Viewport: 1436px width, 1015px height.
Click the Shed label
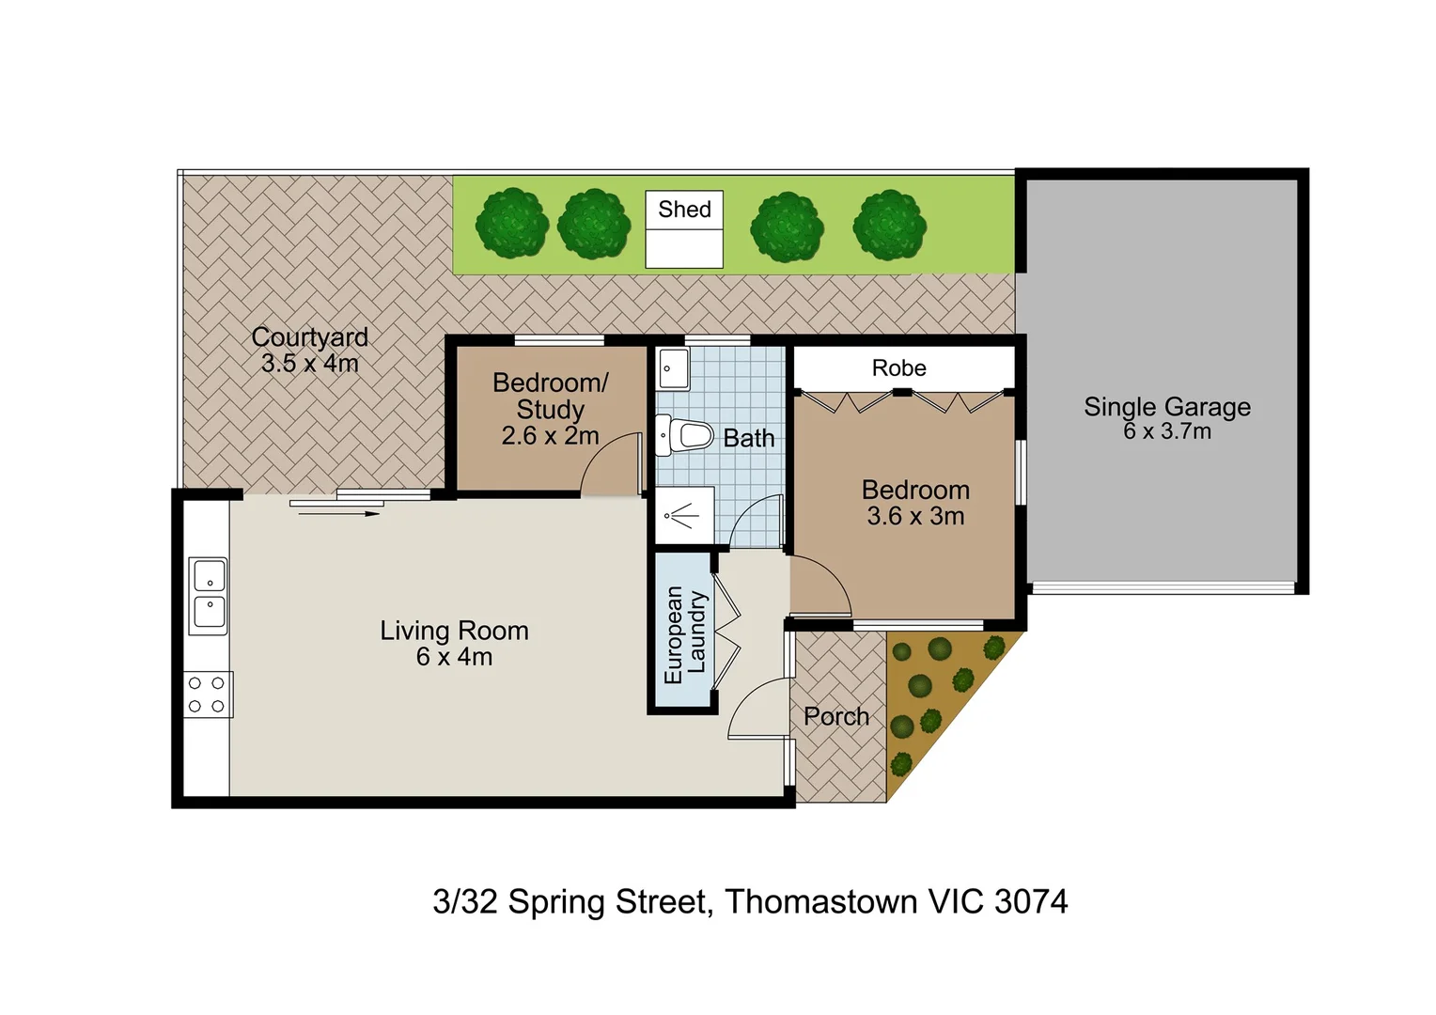(684, 209)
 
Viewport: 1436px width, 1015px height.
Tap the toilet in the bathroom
(684, 436)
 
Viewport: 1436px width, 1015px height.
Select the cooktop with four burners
(208, 695)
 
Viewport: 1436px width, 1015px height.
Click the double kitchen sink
(208, 596)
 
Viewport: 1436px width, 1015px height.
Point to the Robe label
(898, 368)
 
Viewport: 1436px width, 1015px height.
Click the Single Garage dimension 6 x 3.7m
(1167, 430)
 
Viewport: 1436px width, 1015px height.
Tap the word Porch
(836, 716)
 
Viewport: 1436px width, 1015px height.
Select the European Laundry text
(685, 635)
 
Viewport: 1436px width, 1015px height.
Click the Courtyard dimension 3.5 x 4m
(309, 364)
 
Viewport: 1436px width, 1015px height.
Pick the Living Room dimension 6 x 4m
(454, 657)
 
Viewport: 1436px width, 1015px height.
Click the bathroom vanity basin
(673, 368)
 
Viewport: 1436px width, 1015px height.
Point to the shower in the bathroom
(685, 516)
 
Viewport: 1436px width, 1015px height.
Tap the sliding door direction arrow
(339, 513)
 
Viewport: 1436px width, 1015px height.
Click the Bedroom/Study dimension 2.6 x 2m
(550, 436)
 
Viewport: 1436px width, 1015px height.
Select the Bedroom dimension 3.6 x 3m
(915, 516)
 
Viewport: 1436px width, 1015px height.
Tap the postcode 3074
(1031, 901)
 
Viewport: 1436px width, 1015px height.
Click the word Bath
(749, 438)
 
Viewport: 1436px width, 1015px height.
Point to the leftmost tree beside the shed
(511, 224)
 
